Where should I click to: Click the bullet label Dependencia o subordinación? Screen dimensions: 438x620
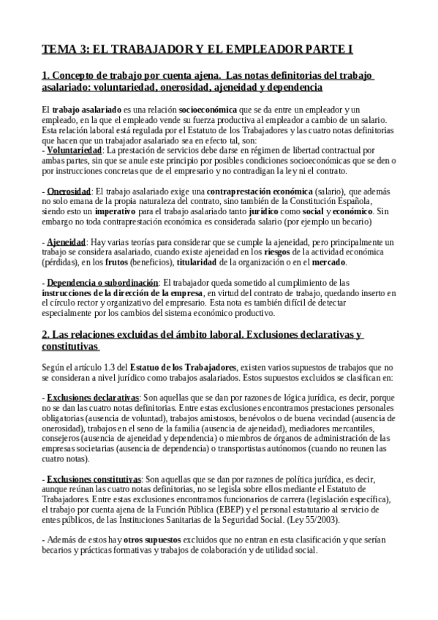(x=102, y=282)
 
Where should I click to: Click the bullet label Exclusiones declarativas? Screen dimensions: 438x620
(x=88, y=396)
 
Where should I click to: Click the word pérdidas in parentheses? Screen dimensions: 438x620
(x=60, y=262)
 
